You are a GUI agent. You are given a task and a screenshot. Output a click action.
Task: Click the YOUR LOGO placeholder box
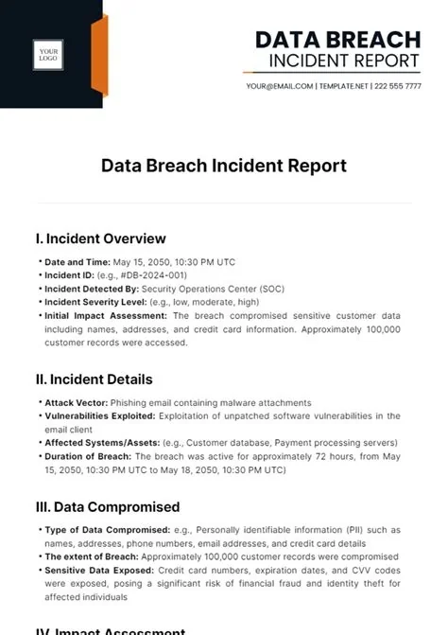pyautogui.click(x=49, y=54)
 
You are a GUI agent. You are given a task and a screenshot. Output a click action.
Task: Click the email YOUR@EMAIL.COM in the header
pyautogui.click(x=279, y=86)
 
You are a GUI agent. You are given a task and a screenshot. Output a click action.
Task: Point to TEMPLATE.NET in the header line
pyautogui.click(x=341, y=86)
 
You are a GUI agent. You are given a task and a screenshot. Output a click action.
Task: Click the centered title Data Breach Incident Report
pyautogui.click(x=224, y=167)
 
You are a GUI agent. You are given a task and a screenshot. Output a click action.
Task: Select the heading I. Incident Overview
pyautogui.click(x=101, y=238)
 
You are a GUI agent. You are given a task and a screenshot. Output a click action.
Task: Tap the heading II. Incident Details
pyautogui.click(x=95, y=379)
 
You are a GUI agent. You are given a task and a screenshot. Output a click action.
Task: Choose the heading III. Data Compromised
pyautogui.click(x=108, y=507)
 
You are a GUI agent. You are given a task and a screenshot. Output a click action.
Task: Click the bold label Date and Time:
pyautogui.click(x=77, y=262)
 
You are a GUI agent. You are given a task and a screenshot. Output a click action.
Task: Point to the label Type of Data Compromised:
pyautogui.click(x=103, y=531)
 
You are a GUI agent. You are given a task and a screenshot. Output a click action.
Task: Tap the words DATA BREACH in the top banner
pyautogui.click(x=337, y=39)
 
